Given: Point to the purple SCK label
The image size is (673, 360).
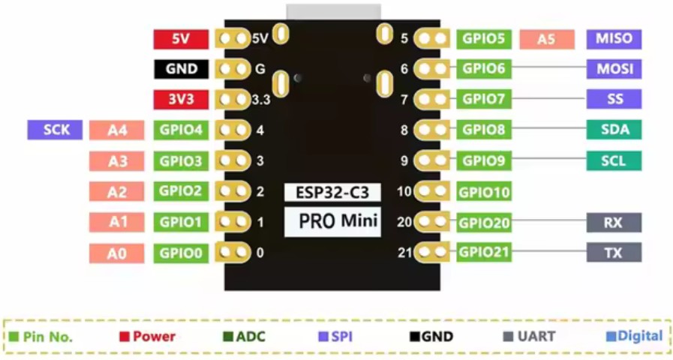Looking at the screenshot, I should point(55,129).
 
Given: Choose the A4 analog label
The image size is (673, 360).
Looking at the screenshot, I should point(116,130).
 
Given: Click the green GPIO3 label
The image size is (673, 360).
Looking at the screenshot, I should point(181,160).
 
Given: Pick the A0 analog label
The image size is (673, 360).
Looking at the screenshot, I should point(116,253).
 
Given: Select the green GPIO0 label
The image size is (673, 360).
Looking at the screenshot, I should point(181,253).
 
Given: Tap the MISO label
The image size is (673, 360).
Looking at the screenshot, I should point(614,38).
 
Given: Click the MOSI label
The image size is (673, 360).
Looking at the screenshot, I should point(614,69).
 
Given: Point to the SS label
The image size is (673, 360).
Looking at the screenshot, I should point(614,99).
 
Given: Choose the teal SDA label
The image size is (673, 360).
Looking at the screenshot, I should point(614,130).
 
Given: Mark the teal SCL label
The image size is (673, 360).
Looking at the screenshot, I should point(614,160).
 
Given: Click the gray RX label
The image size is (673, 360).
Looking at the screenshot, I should point(614,222).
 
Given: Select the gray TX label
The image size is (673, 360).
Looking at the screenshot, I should point(614,253).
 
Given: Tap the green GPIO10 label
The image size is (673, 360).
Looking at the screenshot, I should point(484,192).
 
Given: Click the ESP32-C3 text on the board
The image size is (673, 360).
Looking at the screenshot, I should point(332,192).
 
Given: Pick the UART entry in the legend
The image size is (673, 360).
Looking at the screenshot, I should point(533,337).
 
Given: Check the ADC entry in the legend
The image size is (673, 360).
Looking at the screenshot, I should point(250,337).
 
